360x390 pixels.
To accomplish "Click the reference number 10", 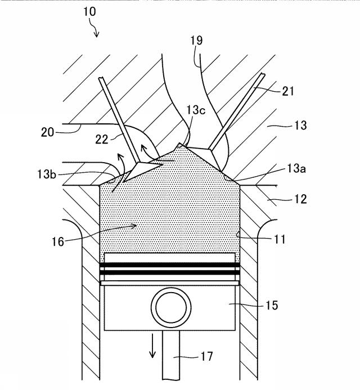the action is tap(89, 11).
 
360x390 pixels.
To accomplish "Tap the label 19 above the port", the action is tap(196, 41).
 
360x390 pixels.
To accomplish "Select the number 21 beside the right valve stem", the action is tap(288, 92).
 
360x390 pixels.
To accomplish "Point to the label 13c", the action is tap(196, 110).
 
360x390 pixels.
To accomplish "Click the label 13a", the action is tap(296, 168).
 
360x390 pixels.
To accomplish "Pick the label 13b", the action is tap(47, 174).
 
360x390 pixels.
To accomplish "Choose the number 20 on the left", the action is tap(47, 132).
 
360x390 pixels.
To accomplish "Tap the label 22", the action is tap(102, 140).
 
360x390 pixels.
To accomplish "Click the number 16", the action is tap(58, 241).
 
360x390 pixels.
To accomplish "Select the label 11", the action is tap(280, 239).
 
